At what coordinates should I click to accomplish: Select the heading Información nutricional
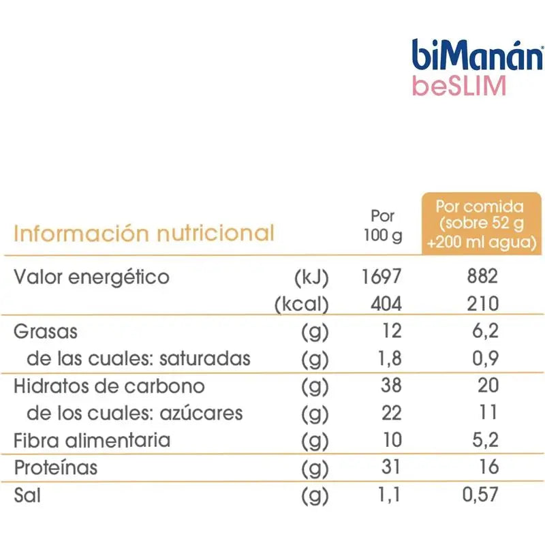coord(144,234)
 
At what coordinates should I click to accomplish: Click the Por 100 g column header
coord(383,226)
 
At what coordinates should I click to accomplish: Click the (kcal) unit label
coord(302,305)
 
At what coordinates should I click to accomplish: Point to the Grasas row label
coord(46,332)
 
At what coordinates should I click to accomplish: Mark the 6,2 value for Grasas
coord(485,332)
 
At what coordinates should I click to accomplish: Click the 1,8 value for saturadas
coord(386,358)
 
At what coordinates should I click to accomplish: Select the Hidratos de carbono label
coord(109,386)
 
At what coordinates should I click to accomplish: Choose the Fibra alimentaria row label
coord(92,439)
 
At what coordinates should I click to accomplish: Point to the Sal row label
coord(27,494)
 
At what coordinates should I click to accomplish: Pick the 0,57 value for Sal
coord(480,494)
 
